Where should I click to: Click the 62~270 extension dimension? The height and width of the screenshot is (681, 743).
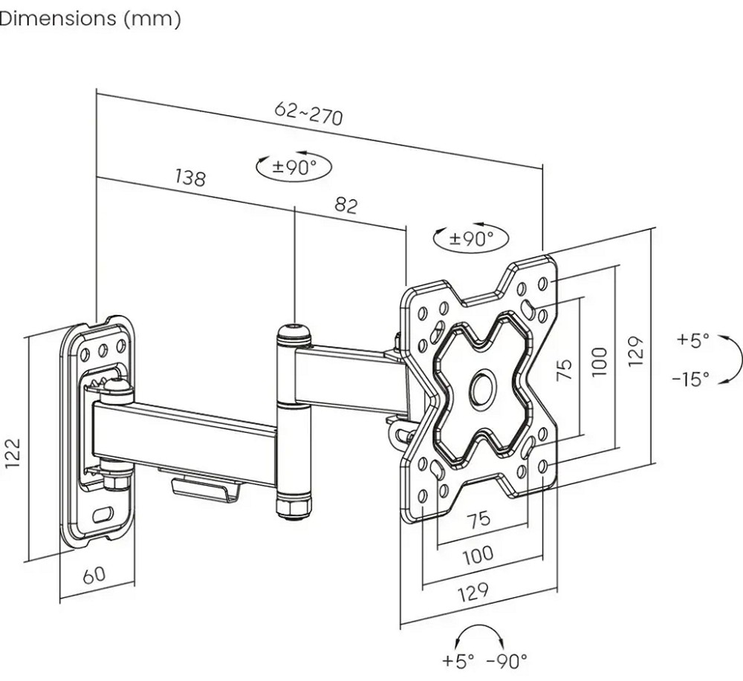pyautogui.click(x=308, y=114)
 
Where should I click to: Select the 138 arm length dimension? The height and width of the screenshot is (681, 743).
pyautogui.click(x=190, y=177)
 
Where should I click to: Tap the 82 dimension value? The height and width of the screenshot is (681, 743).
pyautogui.click(x=346, y=205)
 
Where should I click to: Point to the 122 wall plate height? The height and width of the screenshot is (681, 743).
pyautogui.click(x=13, y=453)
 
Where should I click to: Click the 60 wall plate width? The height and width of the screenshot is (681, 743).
pyautogui.click(x=94, y=575)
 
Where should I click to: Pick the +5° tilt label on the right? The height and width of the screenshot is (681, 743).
pyautogui.click(x=692, y=339)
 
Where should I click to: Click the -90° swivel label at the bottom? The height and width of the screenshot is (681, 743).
pyautogui.click(x=507, y=660)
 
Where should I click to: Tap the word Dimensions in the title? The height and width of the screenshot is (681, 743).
pyautogui.click(x=58, y=19)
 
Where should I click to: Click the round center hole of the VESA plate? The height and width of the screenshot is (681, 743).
pyautogui.click(x=482, y=388)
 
